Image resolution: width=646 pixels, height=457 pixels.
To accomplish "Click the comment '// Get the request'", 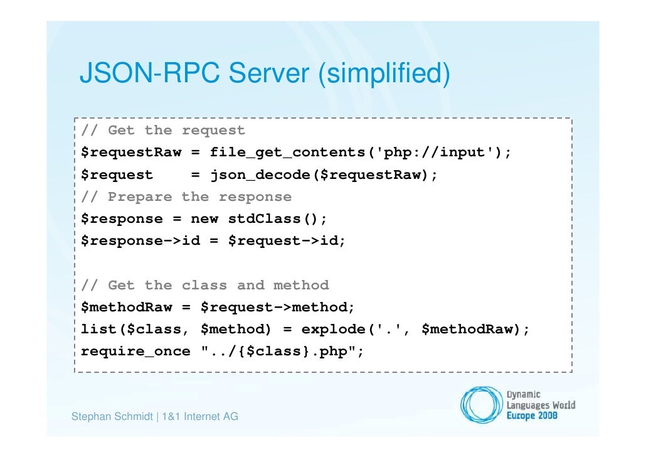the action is pos(163,131).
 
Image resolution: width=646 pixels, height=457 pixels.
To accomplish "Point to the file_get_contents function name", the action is pos(292,153).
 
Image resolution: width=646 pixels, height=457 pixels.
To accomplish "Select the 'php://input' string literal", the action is pos(438,153).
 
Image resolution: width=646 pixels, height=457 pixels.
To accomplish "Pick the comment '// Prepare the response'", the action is pos(186,197).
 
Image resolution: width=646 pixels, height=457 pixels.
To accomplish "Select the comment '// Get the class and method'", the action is pos(204,286).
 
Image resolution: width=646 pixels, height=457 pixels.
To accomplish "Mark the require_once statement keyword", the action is pos(135,352).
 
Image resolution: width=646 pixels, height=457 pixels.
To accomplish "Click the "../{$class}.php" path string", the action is pos(282,352).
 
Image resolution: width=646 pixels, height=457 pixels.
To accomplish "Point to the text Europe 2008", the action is pos(532,416).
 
